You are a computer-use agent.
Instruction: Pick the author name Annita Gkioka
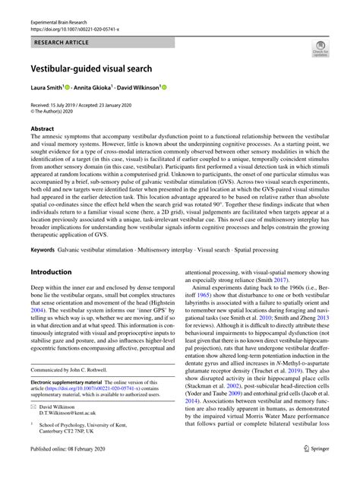point(94,87)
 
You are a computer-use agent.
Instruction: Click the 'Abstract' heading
point(42,129)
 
